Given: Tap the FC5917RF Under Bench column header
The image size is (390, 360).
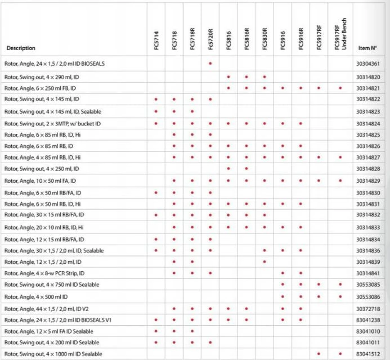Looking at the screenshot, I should coord(340,34).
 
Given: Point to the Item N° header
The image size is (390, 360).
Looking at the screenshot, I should coord(367,48).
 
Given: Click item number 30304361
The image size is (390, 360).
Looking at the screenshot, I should coord(368,64).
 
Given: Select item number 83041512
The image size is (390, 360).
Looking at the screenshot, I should coord(368,354).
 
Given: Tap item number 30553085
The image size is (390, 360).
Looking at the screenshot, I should coord(368,285).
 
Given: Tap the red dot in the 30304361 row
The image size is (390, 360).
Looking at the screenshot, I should coord(210,64).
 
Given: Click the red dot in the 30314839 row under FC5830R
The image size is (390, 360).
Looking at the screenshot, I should coord(264,262).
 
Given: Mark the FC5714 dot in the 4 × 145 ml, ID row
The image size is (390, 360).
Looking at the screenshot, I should coord(156,99).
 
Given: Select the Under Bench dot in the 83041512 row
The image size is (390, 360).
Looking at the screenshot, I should coord(340,354).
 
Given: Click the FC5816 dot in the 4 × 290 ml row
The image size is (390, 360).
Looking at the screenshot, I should coord(228,76).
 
